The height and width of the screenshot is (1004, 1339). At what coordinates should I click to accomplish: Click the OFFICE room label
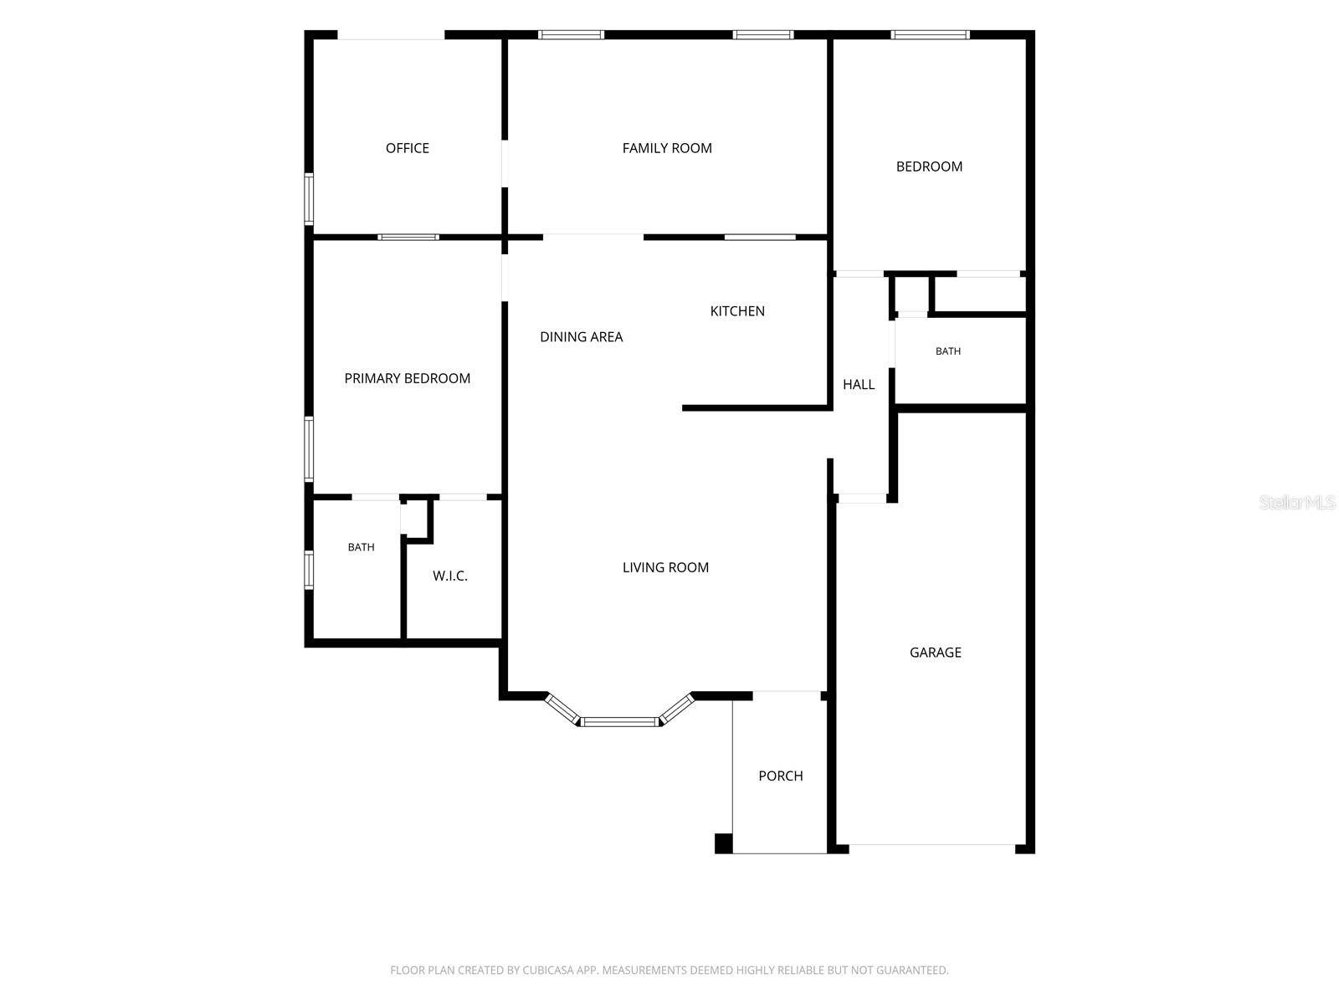[x=407, y=148]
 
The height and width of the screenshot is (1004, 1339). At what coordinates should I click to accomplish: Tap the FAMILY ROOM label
[x=667, y=148]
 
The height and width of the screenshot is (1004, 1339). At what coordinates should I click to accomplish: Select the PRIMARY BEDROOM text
[x=407, y=378]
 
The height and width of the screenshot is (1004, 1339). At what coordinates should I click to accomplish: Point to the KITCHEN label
[x=737, y=311]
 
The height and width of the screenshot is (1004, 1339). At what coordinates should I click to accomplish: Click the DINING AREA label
[x=581, y=336]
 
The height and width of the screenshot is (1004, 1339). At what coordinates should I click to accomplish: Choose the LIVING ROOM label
[x=665, y=567]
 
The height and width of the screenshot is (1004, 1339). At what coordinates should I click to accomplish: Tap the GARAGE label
[x=935, y=653]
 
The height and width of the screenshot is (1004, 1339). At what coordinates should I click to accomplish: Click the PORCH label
[x=780, y=776]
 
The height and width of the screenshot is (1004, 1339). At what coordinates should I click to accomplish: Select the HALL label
[x=859, y=385]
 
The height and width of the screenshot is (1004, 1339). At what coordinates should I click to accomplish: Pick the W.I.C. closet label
[x=450, y=576]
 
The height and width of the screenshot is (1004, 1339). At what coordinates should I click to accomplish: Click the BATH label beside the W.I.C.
[x=362, y=547]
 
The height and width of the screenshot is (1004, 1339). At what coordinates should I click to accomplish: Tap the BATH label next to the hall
[x=948, y=351]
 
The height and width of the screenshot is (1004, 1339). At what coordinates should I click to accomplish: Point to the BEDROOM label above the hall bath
[x=929, y=166]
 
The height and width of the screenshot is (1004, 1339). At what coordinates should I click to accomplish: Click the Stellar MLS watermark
[x=1297, y=502]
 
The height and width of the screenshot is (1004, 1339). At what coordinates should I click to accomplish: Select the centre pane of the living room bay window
[x=620, y=722]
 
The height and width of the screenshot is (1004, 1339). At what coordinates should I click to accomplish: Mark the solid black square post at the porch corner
[x=724, y=843]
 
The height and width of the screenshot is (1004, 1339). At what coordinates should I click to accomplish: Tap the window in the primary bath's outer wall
[x=310, y=570]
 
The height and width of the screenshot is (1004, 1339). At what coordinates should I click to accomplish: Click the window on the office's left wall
[x=310, y=199]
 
